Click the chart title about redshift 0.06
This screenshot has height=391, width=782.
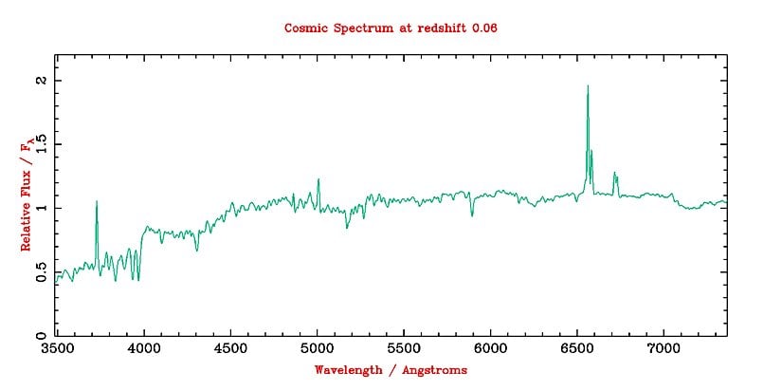tap(391, 28)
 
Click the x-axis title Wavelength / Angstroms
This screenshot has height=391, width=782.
tap(391, 370)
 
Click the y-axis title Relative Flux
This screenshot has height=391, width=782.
tap(28, 195)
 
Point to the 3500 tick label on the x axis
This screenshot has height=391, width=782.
tap(57, 349)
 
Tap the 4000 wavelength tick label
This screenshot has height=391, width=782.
tap(144, 349)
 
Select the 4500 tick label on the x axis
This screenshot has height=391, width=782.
tap(230, 349)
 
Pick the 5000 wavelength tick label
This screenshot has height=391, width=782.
tap(318, 349)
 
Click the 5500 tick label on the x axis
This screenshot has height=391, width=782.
tap(404, 349)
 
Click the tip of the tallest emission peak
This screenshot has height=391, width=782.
tap(588, 86)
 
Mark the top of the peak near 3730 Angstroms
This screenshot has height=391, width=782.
tap(97, 201)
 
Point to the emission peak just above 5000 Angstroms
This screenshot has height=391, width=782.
tap(318, 179)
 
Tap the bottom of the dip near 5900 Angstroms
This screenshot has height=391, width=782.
tap(472, 215)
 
